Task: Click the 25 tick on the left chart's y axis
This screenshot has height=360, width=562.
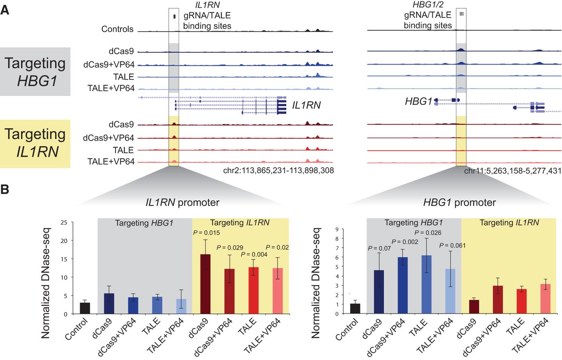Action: click(64, 222)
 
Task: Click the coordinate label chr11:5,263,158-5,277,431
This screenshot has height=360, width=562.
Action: click(512, 171)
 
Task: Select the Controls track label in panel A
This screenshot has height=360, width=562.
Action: click(117, 30)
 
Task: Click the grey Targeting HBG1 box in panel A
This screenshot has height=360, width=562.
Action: click(35, 72)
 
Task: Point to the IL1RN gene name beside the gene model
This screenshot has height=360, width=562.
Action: click(306, 105)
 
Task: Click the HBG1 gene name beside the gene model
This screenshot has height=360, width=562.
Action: click(418, 102)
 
